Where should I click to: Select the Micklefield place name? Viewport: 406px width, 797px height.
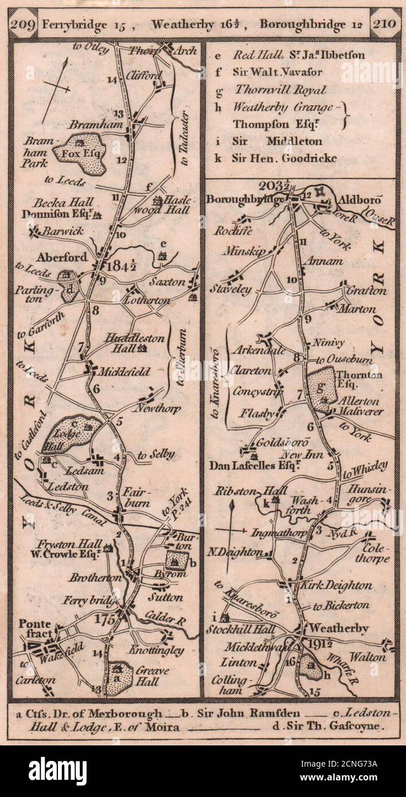[x=124, y=372]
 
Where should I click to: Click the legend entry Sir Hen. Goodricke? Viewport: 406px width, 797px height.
[x=284, y=159]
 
